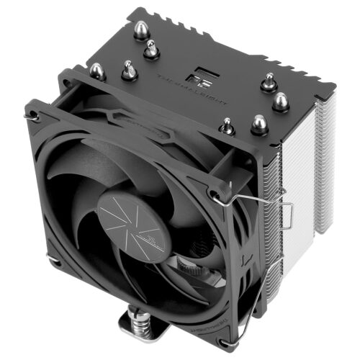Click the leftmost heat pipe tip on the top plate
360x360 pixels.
click(x=97, y=71)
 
